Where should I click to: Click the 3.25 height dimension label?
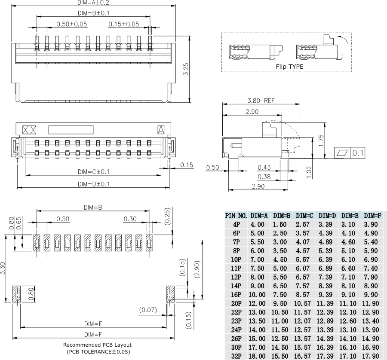(185, 69)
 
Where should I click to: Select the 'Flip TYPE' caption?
(289, 67)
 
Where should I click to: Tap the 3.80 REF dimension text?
(261, 101)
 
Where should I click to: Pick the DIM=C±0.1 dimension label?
(93, 171)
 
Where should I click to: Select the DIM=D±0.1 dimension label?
(93, 184)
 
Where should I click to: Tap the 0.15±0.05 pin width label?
(124, 24)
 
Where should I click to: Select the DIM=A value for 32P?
(259, 356)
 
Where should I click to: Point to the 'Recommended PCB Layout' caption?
(97, 345)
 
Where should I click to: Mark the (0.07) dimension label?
(148, 309)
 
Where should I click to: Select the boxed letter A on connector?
(161, 129)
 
